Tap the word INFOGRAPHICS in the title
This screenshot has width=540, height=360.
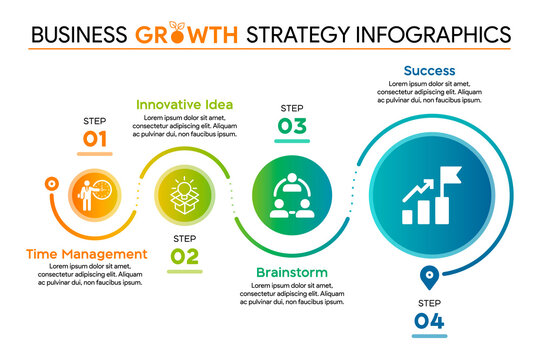431,33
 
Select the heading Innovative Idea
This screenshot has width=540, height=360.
184,103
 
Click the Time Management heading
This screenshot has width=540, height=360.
85,254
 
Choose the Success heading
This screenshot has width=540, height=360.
429,71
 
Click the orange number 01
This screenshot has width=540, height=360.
95,139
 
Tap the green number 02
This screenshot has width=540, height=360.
184,256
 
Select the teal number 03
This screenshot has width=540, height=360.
292,125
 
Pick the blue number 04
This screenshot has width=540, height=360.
428,320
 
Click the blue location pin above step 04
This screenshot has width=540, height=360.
428,275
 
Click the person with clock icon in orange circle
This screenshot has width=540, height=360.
97,192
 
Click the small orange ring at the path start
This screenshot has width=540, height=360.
50,184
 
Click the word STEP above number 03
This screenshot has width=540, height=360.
292,107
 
